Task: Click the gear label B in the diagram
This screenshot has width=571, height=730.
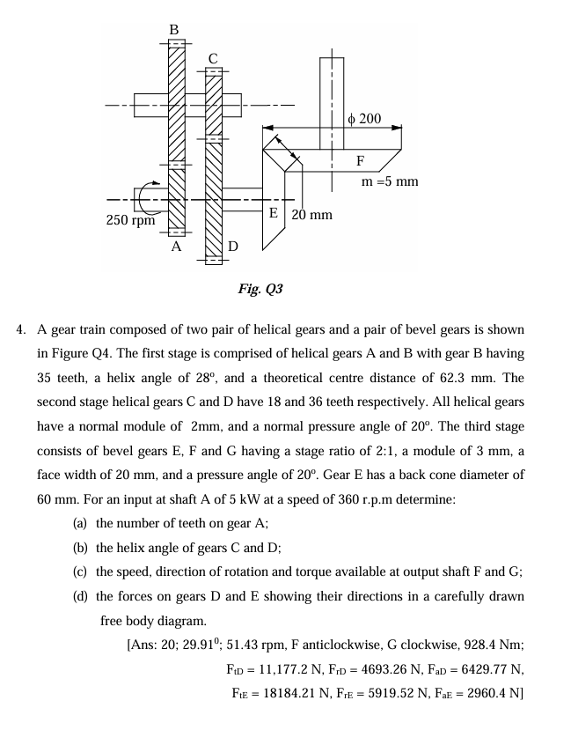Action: pyautogui.click(x=174, y=30)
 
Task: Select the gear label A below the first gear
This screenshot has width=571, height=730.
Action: pyautogui.click(x=176, y=247)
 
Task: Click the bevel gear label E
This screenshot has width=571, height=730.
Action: pyautogui.click(x=274, y=213)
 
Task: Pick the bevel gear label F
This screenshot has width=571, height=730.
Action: pyautogui.click(x=360, y=161)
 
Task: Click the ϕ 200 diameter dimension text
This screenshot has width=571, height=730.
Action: pyautogui.click(x=364, y=118)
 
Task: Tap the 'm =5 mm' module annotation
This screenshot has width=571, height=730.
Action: pyautogui.click(x=390, y=181)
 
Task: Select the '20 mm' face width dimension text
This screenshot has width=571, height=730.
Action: pyautogui.click(x=312, y=214)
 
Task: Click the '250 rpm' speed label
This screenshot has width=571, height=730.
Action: pyautogui.click(x=130, y=219)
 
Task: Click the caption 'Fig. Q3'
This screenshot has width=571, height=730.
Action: pyautogui.click(x=260, y=289)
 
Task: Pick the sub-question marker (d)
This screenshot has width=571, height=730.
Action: pyautogui.click(x=81, y=596)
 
